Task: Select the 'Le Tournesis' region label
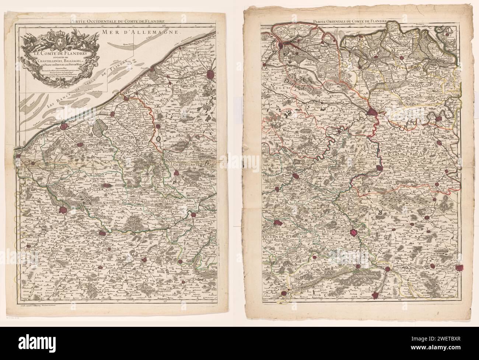pos(334,231)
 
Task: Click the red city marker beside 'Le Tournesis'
pos(354,233)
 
